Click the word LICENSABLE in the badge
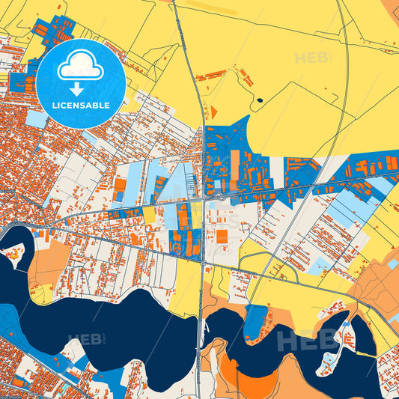coord(81,105)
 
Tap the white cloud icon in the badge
coord(80,67)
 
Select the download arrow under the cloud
coord(80,87)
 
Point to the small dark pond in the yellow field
coord(260,100)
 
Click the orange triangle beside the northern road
coord(213,112)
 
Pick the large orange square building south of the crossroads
coord(222,236)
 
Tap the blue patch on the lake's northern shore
coord(256,320)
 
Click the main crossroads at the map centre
coord(204,201)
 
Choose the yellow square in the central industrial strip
coord(149,216)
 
